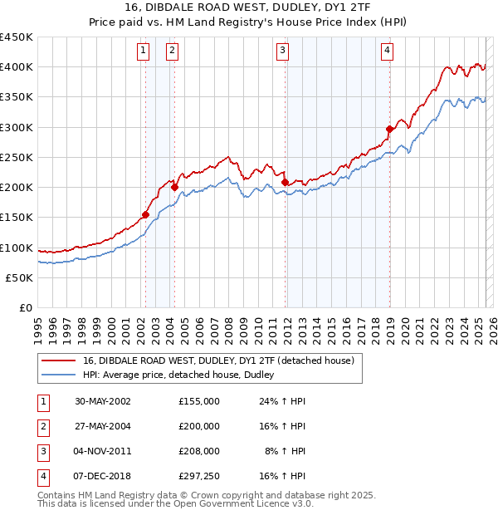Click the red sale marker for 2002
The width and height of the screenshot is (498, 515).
145,214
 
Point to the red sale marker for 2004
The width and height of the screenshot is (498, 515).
174,187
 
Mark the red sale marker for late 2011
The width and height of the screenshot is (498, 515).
285,182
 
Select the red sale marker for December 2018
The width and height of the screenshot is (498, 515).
389,129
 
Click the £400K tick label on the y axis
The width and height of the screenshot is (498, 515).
17,67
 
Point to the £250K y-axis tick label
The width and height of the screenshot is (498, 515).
17,158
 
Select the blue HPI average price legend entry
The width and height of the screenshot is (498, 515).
183,375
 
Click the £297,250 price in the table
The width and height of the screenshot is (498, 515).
199,476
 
